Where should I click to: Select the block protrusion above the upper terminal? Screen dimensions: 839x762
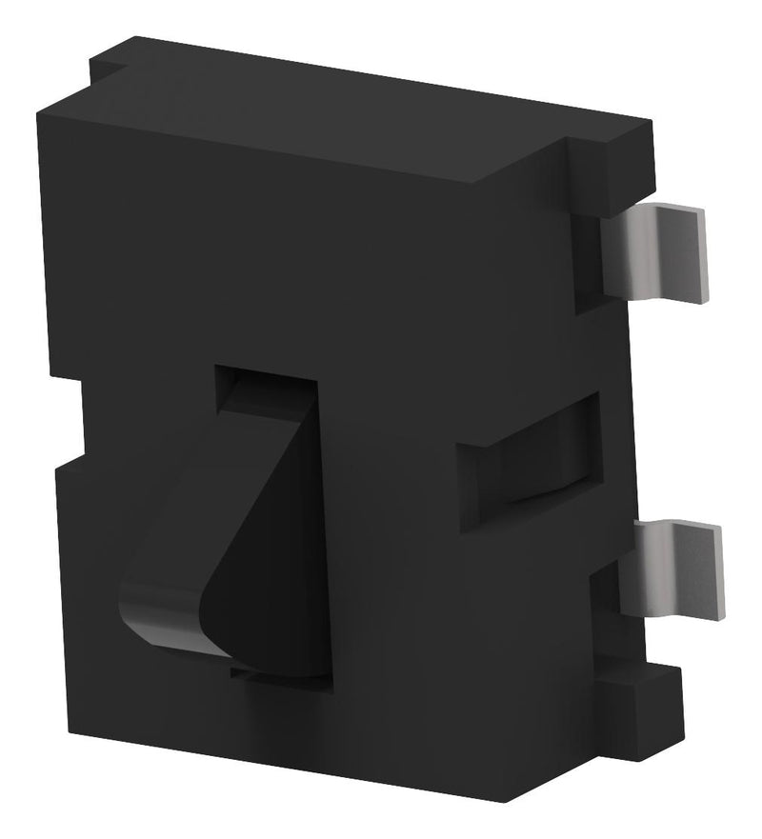pos(610,176)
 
